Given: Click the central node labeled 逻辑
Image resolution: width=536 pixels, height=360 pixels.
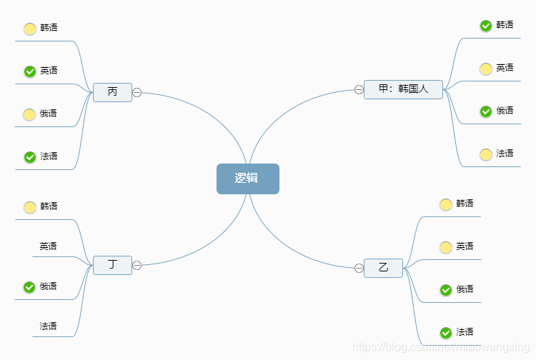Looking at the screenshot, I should click(x=247, y=179).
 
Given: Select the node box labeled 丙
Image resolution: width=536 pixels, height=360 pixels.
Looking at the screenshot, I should click(x=112, y=92).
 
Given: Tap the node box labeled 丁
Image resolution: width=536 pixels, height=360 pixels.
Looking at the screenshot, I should click(x=112, y=265).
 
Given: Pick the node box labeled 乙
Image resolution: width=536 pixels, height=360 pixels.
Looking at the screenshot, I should click(x=383, y=268).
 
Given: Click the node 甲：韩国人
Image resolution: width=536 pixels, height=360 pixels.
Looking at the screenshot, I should click(x=403, y=89).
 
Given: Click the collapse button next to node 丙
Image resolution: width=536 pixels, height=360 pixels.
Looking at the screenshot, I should click(x=137, y=92).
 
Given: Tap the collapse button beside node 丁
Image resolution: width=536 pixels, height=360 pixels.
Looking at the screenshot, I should click(x=137, y=265).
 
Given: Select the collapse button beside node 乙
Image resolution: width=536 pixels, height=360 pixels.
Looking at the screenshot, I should click(x=359, y=268).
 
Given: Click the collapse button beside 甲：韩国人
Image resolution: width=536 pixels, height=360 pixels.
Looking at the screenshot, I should click(x=359, y=89).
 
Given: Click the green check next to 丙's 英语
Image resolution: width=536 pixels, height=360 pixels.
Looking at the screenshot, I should click(x=30, y=71).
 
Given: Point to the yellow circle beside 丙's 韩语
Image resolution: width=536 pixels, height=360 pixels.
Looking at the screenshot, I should click(x=30, y=29).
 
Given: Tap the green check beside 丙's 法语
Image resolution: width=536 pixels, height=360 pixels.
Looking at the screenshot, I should click(x=30, y=157).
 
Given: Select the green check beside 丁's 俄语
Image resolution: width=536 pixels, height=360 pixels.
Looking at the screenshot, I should click(x=29, y=287).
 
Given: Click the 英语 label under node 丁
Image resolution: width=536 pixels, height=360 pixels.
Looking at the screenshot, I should click(x=48, y=246).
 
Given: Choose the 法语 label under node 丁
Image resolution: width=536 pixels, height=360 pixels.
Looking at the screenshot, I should click(x=48, y=326).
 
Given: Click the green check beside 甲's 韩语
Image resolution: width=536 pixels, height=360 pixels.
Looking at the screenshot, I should click(x=486, y=26).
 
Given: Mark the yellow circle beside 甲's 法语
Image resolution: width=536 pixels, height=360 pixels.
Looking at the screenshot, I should click(x=486, y=154).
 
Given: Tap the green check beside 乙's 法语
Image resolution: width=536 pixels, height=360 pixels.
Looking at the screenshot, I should click(x=446, y=333).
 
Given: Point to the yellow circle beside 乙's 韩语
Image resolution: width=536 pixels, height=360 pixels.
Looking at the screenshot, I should click(x=446, y=204).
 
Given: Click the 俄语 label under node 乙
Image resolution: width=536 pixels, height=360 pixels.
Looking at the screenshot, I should click(x=465, y=289).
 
